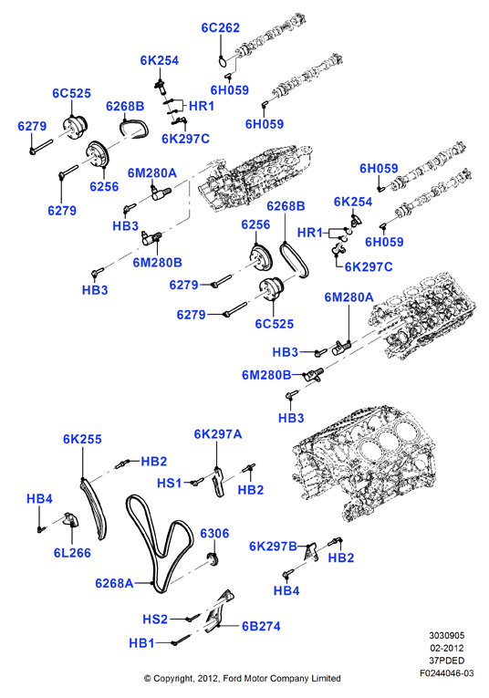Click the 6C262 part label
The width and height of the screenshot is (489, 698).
pos(220,27)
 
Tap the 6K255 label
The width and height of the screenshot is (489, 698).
pos(82,439)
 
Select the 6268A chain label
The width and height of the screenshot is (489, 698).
pos(114,583)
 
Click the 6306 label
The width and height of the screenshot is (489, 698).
pos(214,533)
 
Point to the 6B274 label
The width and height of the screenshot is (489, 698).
pos(261,626)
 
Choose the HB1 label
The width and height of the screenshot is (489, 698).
pos(141,643)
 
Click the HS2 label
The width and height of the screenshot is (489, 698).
pos(155,619)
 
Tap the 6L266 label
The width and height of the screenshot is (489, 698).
pos(72,553)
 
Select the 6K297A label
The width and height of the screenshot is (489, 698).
pos(218,433)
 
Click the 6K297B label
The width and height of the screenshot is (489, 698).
pos(273,547)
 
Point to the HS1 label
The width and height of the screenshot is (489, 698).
pos(169,483)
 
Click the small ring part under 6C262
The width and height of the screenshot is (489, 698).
pos(224,61)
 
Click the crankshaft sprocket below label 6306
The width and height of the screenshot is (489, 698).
pos(214,559)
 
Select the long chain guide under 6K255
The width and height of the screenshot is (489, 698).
pos(93,509)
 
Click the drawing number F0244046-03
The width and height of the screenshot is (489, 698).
pos(446,672)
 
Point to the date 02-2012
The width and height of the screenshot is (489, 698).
pos(446,648)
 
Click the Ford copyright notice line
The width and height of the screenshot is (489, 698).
pos(242,679)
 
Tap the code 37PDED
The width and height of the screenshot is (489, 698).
pos(446,661)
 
